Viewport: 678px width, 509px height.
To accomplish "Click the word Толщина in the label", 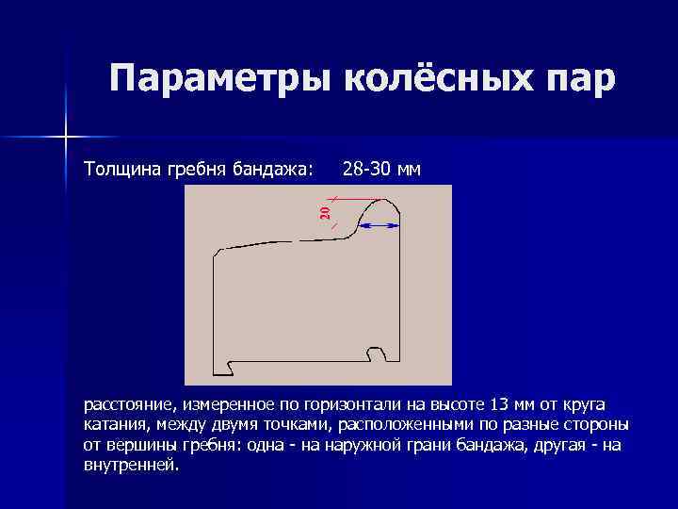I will click(x=119, y=170).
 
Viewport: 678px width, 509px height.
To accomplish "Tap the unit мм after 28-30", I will click(x=410, y=170).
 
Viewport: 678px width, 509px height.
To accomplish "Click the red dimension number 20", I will click(x=325, y=213).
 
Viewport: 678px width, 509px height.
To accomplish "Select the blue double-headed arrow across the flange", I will click(x=379, y=226).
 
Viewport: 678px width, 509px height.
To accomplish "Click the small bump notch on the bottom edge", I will click(x=377, y=354).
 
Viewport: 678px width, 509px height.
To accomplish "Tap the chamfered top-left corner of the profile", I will click(x=218, y=252).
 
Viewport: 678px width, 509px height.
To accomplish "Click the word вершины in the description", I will click(x=134, y=445).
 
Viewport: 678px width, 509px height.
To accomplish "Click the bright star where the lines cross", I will click(x=66, y=138).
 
